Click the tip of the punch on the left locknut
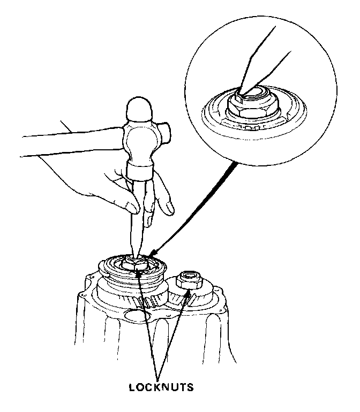[136, 260]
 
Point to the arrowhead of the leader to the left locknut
[138, 271]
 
